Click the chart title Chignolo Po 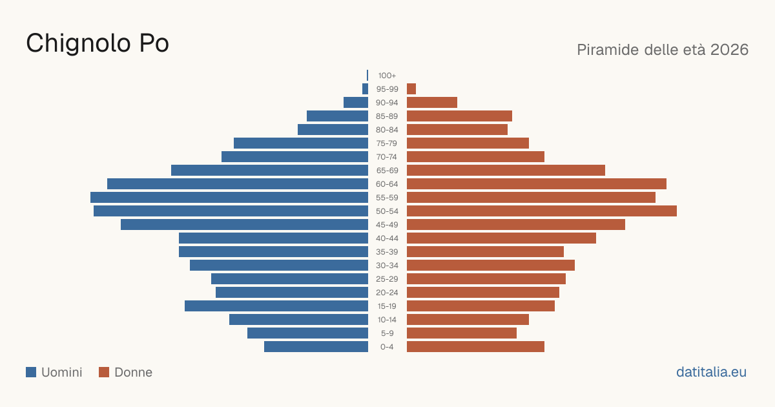(98, 43)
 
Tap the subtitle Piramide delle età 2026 (663, 50)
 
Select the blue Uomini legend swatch (31, 372)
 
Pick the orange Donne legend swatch (104, 372)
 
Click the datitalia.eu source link (711, 372)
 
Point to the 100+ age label (387, 76)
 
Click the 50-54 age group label (387, 211)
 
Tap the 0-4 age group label (387, 347)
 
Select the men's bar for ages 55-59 (229, 197)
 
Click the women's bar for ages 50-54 (542, 211)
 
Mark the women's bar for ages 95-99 (411, 89)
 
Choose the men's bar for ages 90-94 (356, 103)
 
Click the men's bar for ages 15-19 (276, 306)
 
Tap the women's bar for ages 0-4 (475, 347)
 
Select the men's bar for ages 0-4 (316, 347)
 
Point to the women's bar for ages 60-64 (537, 183)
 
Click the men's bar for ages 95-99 (365, 89)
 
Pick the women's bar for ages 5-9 (462, 333)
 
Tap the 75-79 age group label (387, 143)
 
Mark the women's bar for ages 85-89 (459, 116)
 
